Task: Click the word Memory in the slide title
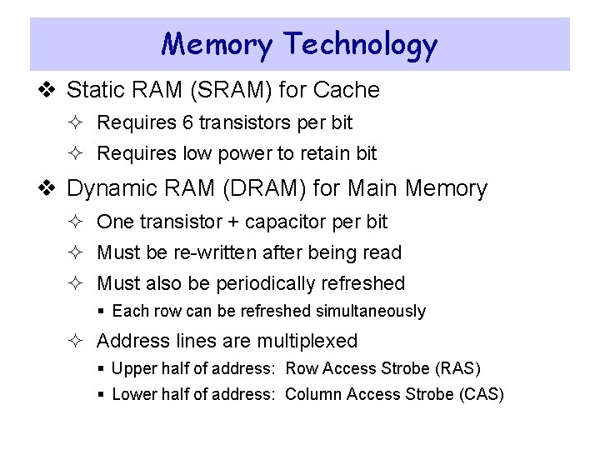pos(216,43)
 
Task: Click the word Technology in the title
pos(359,45)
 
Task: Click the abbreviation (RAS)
pos(457,368)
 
